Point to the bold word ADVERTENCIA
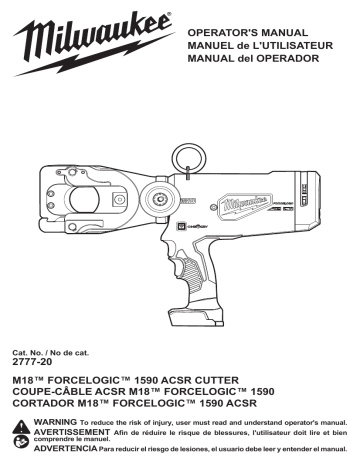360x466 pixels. [x=70, y=453]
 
